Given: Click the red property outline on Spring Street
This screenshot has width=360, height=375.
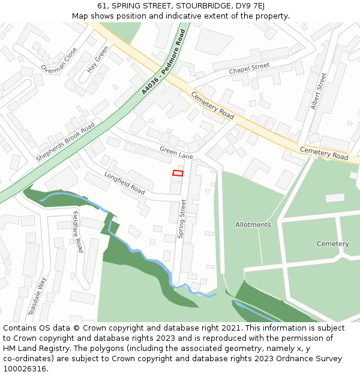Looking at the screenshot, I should (178, 173).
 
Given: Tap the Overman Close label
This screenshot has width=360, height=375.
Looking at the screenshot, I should (59, 61).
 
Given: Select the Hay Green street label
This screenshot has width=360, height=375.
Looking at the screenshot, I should (98, 59).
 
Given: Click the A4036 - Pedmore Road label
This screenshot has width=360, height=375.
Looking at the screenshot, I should (164, 62).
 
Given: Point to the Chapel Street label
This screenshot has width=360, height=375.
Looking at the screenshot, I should (249, 70).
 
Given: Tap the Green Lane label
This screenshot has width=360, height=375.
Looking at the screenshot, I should (176, 152).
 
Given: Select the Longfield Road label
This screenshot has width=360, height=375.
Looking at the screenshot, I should (125, 184).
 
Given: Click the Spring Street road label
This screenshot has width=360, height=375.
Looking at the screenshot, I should (182, 219).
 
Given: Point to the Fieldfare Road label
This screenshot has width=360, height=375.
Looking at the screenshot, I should (77, 231).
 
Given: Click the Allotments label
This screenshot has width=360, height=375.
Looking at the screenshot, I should (253, 225).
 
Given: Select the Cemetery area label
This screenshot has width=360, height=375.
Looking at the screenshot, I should (332, 244).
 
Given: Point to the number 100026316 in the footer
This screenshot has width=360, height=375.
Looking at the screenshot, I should (26, 369).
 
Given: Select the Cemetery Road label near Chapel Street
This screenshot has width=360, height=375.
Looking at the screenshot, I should (212, 104).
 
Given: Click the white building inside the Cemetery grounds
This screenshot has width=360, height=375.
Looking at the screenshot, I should (335, 197).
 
